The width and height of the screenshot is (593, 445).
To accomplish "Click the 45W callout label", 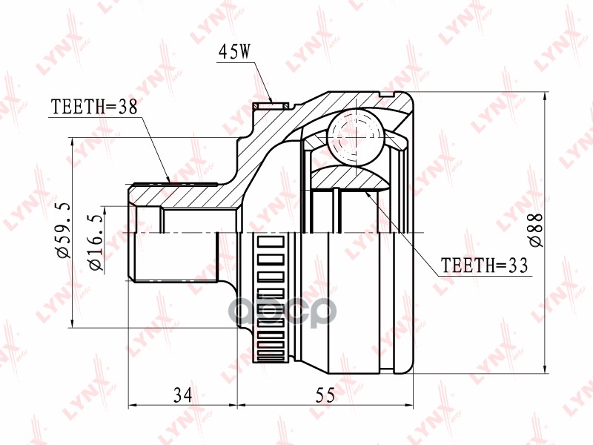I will (236, 53).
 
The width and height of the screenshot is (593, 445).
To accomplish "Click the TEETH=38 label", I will (94, 107).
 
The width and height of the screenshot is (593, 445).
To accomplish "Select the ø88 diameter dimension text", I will (535, 231).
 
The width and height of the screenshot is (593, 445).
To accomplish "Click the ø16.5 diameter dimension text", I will (93, 240).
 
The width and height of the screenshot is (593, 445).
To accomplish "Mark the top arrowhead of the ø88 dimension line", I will (546, 97).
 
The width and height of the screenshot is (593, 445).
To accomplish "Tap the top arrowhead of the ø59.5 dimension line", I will (72, 142).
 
